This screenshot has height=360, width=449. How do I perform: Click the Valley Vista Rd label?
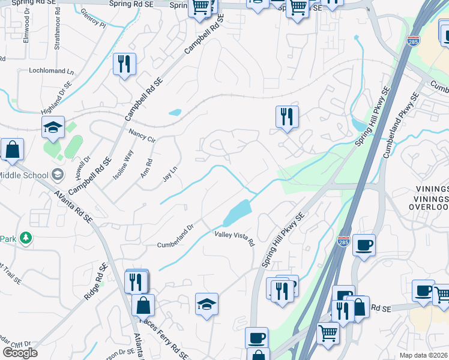pyautogui.click(x=235, y=238)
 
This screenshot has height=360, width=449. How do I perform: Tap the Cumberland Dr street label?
pyautogui.click(x=175, y=236)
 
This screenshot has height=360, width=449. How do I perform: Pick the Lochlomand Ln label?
pyautogui.click(x=51, y=71)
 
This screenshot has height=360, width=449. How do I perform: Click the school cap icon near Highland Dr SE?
pyautogui.click(x=53, y=127)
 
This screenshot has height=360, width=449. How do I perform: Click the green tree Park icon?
pyautogui.click(x=25, y=239)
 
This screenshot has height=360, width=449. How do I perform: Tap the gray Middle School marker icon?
pyautogui.click(x=58, y=175)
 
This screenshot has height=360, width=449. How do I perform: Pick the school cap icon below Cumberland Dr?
pyautogui.click(x=206, y=304)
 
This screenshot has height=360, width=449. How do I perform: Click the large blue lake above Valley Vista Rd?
pyautogui.click(x=238, y=211)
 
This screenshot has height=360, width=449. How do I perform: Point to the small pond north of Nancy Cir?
pyautogui.click(x=175, y=112)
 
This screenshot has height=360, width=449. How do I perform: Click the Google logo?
pyautogui.click(x=20, y=353)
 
